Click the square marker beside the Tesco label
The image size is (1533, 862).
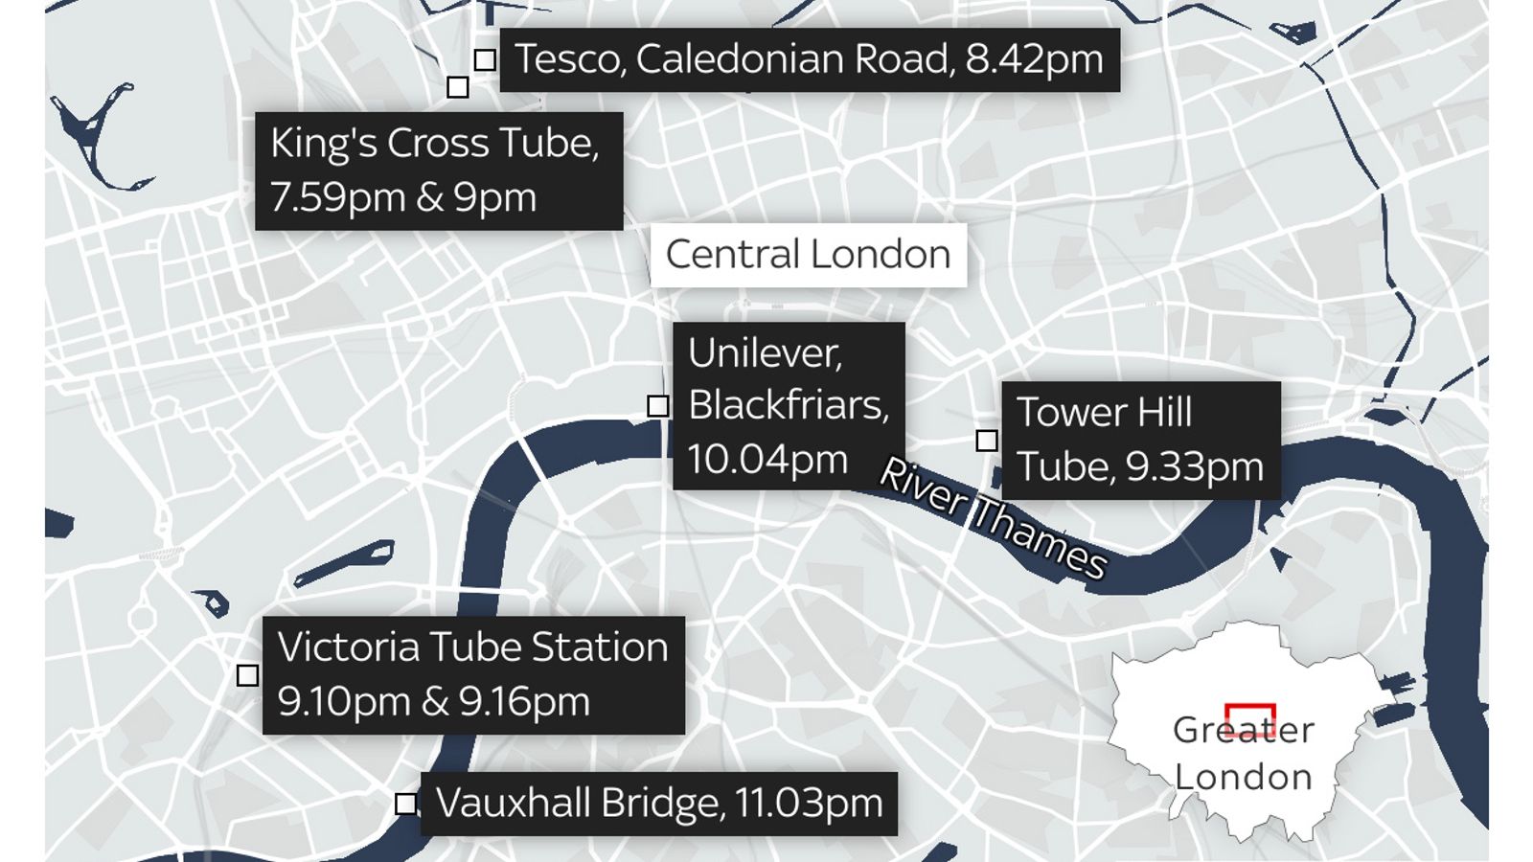pos(485,59)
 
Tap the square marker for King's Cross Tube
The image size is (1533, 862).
pos(458,87)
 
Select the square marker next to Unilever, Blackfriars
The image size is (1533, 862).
pos(657,406)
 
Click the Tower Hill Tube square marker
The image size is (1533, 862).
pos(986,441)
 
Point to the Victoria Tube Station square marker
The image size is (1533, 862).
pos(247,675)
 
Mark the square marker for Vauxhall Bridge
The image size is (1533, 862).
pos(406,804)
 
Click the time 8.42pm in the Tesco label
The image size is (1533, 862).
pos(1034,59)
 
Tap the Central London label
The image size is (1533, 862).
pos(808,255)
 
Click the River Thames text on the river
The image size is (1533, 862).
pos(993,518)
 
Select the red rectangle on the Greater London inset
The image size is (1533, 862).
pos(1249,717)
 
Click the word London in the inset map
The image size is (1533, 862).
pos(1243,777)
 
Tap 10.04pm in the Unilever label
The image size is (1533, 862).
pos(767,460)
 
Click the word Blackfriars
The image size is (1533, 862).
pos(788,406)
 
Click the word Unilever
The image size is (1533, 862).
pos(764,353)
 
